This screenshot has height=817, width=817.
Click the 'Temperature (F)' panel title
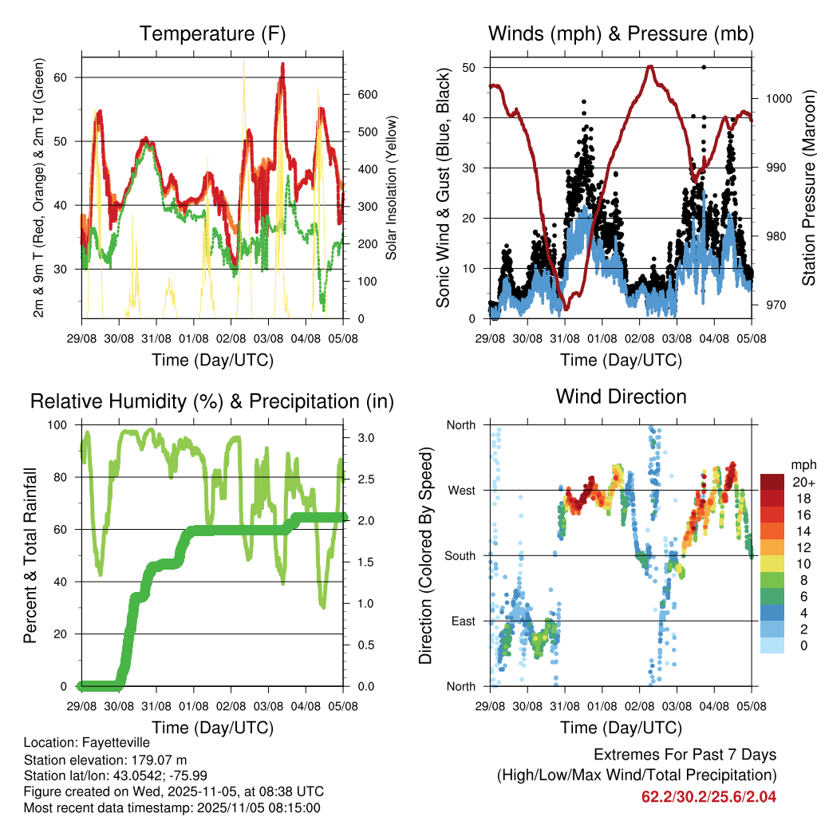point(212,34)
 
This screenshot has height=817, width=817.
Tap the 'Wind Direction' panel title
point(621,397)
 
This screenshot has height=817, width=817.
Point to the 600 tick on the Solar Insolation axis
point(366,94)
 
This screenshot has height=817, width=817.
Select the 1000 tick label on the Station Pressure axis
point(777,99)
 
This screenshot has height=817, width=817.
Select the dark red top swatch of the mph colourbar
point(773,481)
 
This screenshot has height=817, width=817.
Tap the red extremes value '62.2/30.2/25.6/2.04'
point(708,796)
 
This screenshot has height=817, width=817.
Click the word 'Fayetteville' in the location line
point(112,743)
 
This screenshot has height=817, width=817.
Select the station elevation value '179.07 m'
point(159,760)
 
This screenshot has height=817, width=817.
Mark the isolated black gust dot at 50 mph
point(703,67)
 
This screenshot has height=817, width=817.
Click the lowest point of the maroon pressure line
point(566,309)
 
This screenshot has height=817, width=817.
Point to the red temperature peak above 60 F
point(282,65)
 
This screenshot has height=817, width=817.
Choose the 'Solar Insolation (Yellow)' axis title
point(392,188)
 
